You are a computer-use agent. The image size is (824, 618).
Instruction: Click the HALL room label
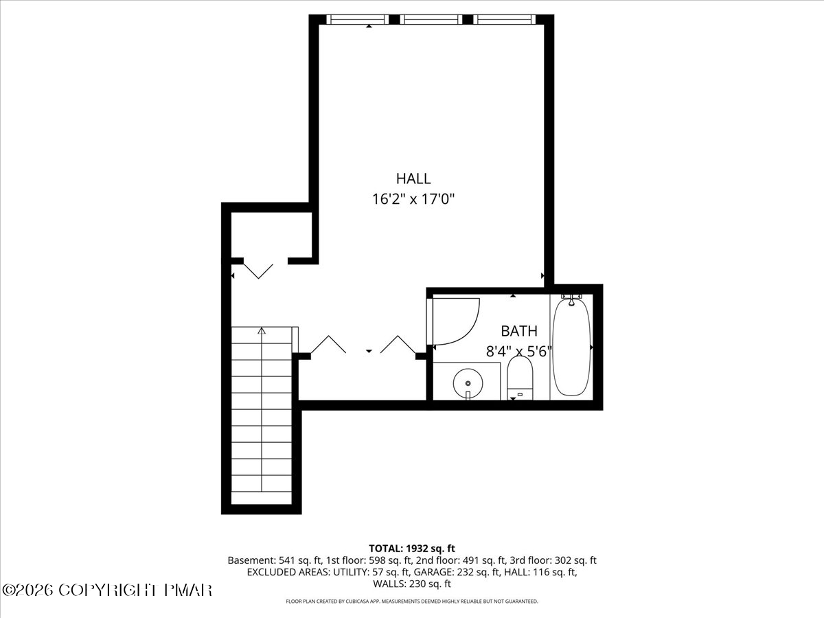413,179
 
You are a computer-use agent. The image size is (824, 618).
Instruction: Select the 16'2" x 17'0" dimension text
413,200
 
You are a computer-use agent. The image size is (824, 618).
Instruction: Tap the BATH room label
519,330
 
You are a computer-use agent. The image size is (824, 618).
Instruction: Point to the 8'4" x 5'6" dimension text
519,351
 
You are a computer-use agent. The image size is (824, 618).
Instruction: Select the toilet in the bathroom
520,379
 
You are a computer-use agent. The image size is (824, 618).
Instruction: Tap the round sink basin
468,382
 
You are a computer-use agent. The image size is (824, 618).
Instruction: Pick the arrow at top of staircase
262,332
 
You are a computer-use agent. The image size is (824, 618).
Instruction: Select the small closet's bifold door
259,269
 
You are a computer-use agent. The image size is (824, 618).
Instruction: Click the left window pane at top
358,19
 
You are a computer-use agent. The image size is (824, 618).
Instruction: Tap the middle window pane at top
431,19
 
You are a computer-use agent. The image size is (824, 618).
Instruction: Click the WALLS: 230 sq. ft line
412,584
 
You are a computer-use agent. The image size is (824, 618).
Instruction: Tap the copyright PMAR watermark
107,590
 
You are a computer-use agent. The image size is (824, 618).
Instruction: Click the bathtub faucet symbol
571,299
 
